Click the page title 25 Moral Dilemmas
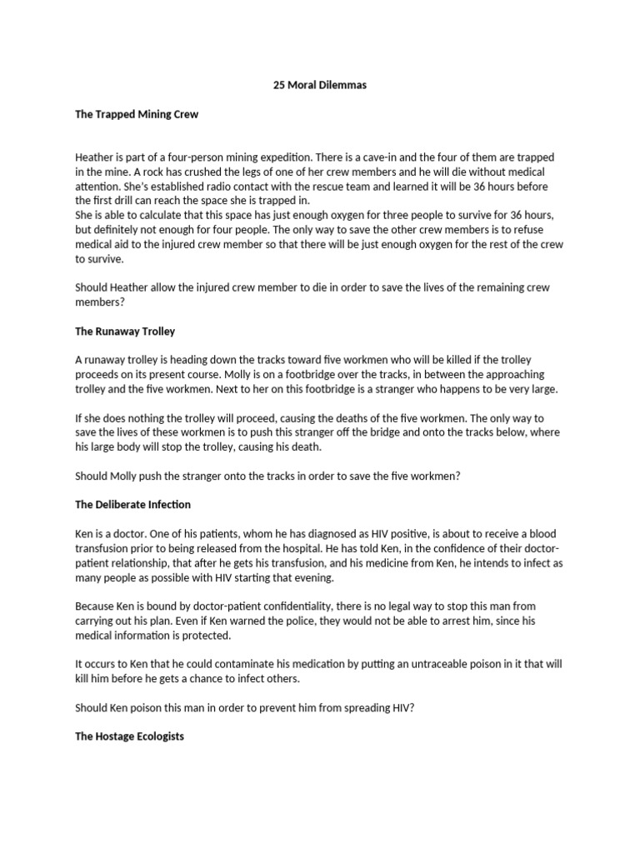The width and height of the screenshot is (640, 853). click(320, 85)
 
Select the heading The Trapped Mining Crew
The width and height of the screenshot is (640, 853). click(137, 114)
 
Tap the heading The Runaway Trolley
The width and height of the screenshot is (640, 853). click(125, 331)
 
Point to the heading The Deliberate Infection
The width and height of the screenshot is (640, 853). click(132, 504)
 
